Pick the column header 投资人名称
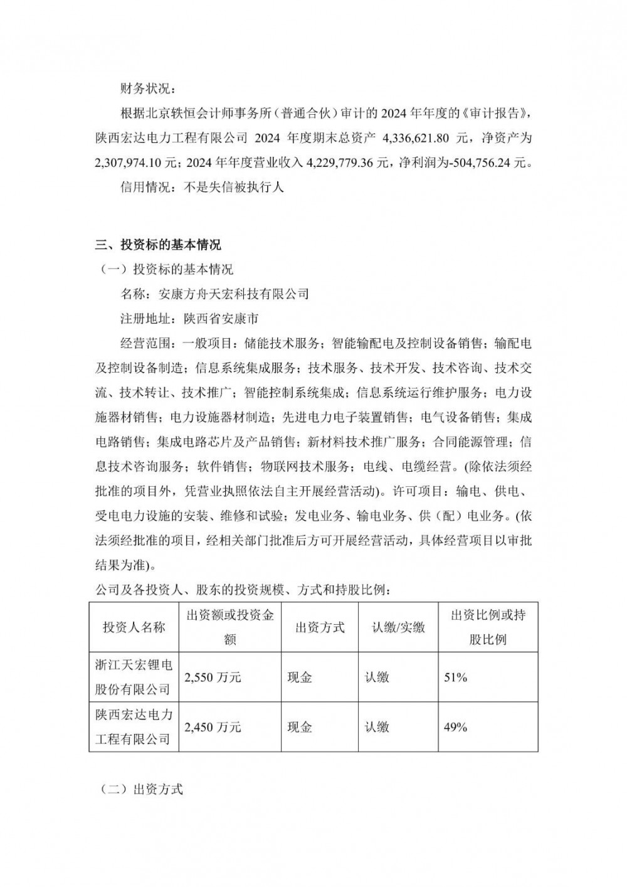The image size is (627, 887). [x=134, y=627]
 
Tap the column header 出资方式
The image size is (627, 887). [x=320, y=627]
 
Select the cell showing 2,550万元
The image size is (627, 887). [x=213, y=677]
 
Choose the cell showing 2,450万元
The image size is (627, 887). [x=213, y=727]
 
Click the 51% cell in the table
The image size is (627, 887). [x=455, y=677]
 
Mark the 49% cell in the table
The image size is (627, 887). [x=455, y=727]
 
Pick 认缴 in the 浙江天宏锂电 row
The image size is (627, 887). [x=377, y=677]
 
